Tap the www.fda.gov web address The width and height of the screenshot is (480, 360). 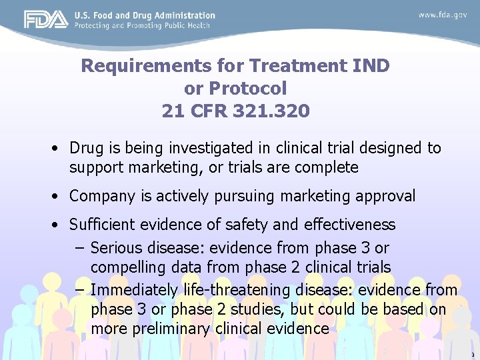coord(443,15)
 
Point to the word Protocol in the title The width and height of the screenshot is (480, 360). coord(248,88)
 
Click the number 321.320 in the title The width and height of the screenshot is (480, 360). coord(272,111)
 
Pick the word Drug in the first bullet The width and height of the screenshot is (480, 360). coord(83,148)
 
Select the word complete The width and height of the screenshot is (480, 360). coord(327,167)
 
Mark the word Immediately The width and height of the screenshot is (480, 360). coord(132,291)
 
